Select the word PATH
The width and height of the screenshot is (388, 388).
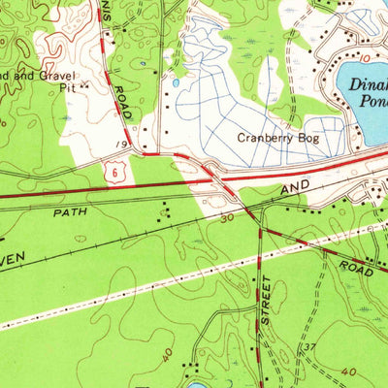70,210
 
